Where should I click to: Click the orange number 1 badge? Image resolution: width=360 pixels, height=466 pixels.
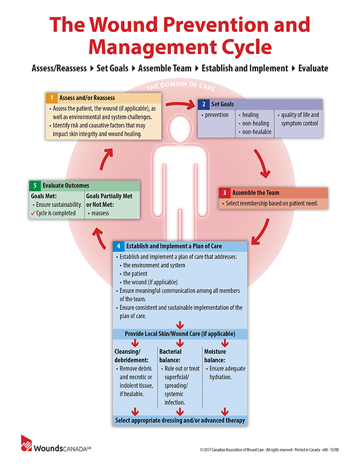click(x=51, y=98)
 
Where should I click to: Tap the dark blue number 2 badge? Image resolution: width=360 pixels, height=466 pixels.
click(x=204, y=104)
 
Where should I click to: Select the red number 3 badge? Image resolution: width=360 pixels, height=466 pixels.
click(x=225, y=193)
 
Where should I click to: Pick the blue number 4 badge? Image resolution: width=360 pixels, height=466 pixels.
click(x=118, y=246)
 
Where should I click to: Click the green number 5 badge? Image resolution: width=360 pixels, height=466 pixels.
click(x=35, y=186)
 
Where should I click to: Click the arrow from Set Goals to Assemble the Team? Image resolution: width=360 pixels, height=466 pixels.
click(x=262, y=164)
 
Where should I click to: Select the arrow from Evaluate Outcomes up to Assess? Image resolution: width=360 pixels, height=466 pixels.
click(x=106, y=159)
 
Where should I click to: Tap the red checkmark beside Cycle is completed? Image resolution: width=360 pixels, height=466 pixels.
click(x=34, y=213)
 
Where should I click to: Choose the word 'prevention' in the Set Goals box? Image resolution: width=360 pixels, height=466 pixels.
click(x=216, y=115)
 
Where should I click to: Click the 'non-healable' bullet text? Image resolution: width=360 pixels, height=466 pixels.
click(x=256, y=132)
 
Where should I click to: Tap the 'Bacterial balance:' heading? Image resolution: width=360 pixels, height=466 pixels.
click(x=170, y=356)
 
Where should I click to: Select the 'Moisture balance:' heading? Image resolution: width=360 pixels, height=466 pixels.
click(x=215, y=356)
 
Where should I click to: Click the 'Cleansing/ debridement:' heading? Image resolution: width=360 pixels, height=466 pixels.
click(x=131, y=356)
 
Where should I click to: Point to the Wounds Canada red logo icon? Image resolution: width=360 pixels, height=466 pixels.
click(x=26, y=443)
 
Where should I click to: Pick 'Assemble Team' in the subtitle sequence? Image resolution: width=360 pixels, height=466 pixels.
click(x=165, y=68)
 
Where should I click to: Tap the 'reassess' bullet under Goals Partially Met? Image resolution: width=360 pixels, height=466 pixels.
click(x=100, y=213)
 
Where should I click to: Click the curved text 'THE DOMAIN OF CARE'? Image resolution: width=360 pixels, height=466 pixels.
click(x=181, y=85)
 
